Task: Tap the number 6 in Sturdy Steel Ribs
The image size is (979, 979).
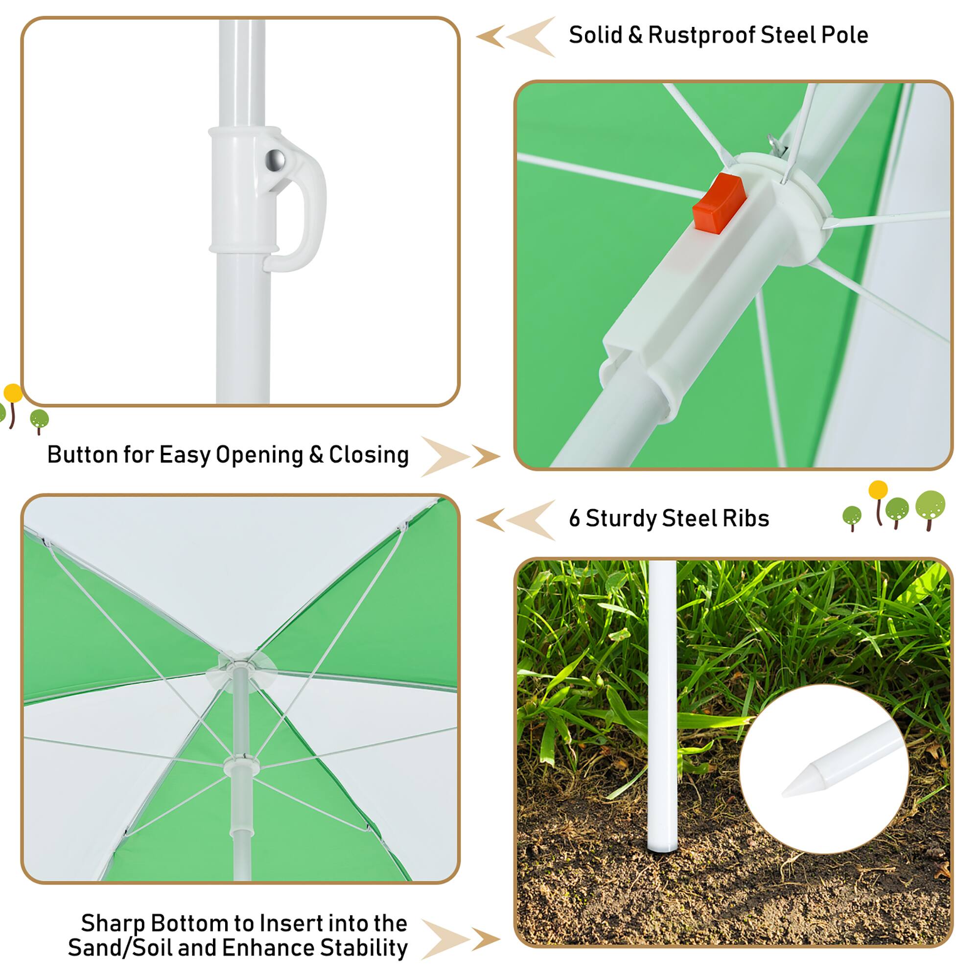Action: tap(574, 518)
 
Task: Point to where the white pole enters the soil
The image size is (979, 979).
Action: tap(663, 848)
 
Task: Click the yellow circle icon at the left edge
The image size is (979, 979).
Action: tap(13, 393)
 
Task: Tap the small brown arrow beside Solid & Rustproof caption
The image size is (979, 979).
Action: tap(489, 37)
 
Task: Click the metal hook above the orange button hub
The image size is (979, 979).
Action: tap(777, 143)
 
